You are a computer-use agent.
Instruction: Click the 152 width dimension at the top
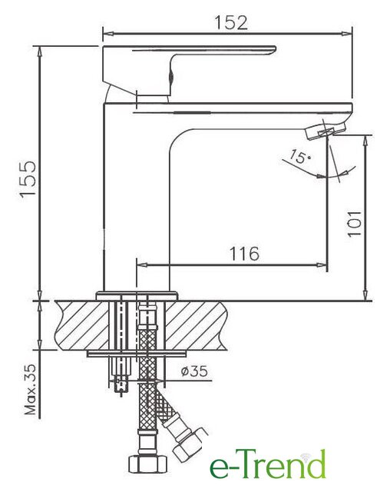pyautogui.click(x=231, y=22)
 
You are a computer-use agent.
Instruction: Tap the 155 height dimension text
pyautogui.click(x=28, y=179)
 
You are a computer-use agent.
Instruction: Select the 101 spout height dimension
pyautogui.click(x=354, y=224)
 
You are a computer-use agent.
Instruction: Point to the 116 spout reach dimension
pyautogui.click(x=245, y=254)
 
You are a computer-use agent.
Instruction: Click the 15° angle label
pyautogui.click(x=299, y=157)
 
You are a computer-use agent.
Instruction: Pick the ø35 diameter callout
pyautogui.click(x=194, y=371)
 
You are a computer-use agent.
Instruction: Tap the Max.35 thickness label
pyautogui.click(x=31, y=390)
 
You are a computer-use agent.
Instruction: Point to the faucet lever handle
pyautogui.click(x=189, y=70)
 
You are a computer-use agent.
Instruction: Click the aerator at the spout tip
pyautogui.click(x=325, y=130)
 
